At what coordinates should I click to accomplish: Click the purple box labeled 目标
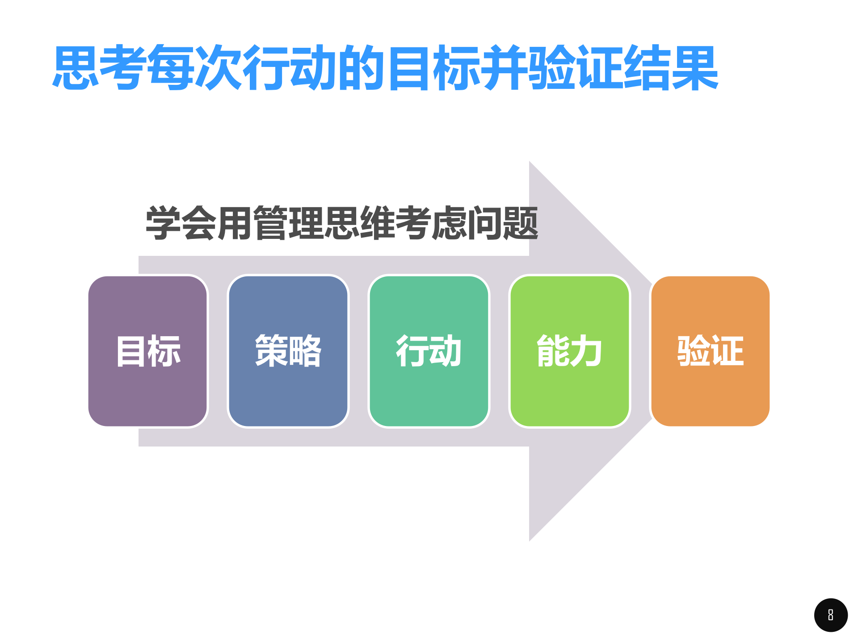click(x=148, y=351)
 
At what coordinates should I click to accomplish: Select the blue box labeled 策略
click(x=288, y=351)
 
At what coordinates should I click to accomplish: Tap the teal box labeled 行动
click(x=429, y=351)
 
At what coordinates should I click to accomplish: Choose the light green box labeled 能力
click(x=569, y=351)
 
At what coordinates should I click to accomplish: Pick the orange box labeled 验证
click(x=710, y=351)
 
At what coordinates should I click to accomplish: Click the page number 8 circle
click(x=831, y=615)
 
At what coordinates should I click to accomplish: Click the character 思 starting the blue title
click(x=76, y=68)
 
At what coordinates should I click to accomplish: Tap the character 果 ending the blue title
click(x=694, y=68)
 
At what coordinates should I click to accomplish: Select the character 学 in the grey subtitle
click(x=164, y=223)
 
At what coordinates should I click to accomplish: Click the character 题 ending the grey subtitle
click(x=521, y=223)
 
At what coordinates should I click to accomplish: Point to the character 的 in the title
click(x=362, y=68)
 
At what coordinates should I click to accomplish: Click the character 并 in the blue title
click(x=504, y=68)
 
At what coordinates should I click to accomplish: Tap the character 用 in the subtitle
click(x=235, y=223)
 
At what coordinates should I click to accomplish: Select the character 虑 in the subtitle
click(x=449, y=223)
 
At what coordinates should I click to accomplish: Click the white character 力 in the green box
click(x=586, y=351)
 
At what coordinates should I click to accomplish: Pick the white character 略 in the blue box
click(x=305, y=351)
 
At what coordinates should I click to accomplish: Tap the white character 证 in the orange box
click(x=727, y=351)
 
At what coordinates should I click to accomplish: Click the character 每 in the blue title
click(x=171, y=68)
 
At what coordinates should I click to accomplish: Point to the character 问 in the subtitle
click(x=485, y=223)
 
